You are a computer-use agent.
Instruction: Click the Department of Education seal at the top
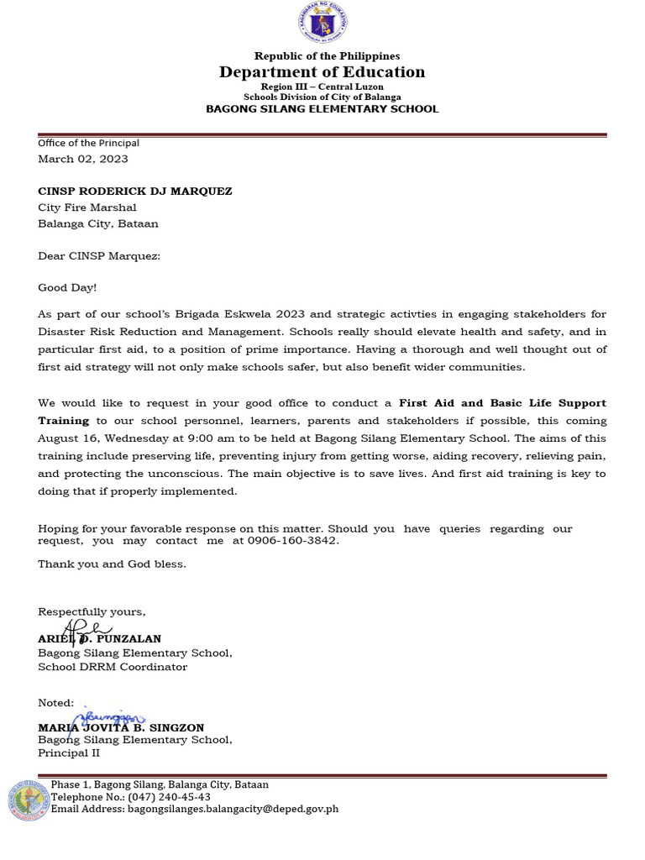pos(322,24)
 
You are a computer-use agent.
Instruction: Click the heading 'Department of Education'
pos(322,72)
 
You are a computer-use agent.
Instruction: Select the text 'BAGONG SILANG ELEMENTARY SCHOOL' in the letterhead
pos(322,109)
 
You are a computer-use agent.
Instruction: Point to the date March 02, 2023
pos(83,159)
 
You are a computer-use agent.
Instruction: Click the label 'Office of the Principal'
pos(88,144)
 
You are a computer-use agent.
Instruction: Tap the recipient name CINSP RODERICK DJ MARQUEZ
pos(135,191)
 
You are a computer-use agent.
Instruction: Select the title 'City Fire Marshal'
pos(87,207)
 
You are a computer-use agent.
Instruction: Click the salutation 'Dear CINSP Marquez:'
pos(99,255)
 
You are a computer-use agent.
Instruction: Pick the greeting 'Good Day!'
pos(67,288)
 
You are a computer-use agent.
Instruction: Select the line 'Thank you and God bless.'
pos(112,564)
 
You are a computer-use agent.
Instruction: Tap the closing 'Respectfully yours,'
pos(92,611)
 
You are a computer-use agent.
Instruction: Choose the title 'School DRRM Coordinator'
pos(113,667)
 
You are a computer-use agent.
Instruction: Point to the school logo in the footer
pos(29,800)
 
